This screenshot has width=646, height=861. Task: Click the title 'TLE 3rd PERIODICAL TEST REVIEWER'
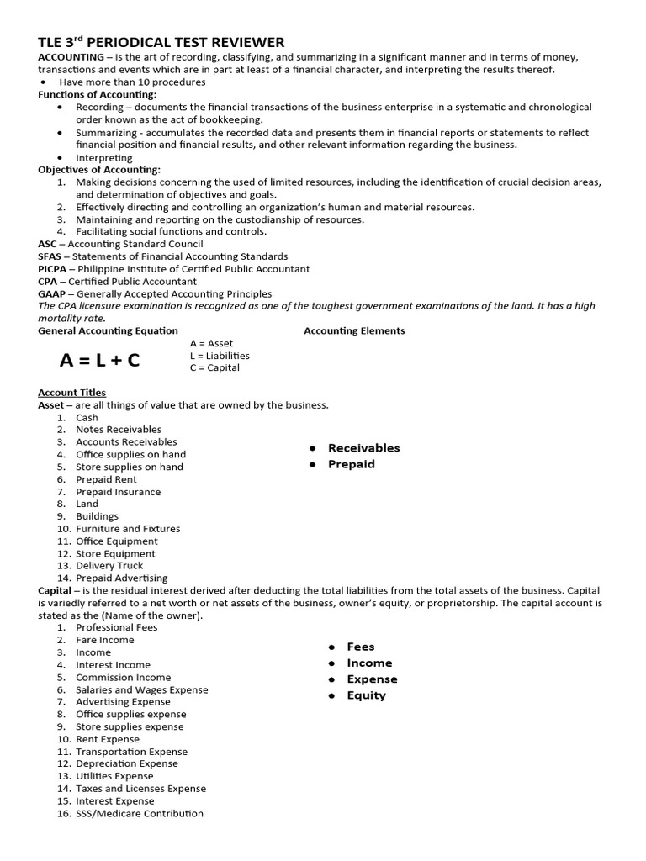161,42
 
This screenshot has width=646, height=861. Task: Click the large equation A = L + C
100,361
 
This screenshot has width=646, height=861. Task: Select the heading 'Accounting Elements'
354,330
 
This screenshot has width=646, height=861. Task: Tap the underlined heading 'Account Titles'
72,393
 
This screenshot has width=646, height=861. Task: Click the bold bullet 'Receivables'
363,448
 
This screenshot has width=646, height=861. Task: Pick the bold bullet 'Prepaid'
351,464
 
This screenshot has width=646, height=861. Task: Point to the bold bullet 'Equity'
366,695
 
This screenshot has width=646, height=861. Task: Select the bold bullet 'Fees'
360,647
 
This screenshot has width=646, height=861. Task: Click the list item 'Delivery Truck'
109,566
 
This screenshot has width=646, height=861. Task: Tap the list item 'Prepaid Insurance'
118,492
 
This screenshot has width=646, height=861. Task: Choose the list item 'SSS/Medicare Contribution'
140,813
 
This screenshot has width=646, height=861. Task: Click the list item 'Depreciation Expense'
127,763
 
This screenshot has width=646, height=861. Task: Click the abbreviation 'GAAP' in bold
52,293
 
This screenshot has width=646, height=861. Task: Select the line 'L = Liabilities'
220,356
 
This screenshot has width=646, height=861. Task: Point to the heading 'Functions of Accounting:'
98,95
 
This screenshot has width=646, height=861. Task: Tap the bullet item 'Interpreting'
104,157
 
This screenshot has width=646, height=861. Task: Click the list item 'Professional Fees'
117,627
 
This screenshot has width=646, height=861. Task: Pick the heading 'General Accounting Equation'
108,330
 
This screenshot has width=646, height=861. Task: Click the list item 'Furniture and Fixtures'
128,529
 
